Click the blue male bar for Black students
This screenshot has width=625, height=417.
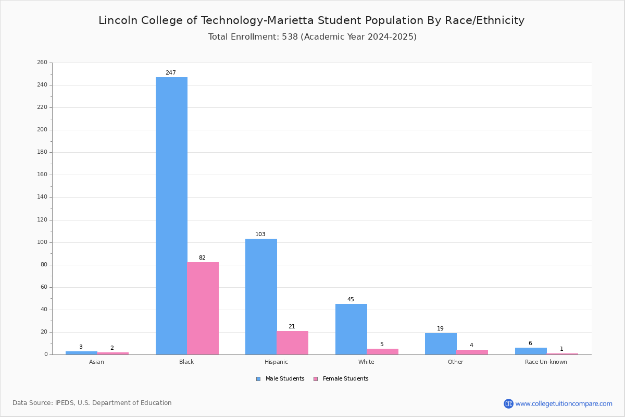171,216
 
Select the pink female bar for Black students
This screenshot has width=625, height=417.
203,309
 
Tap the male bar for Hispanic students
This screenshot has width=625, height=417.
261,297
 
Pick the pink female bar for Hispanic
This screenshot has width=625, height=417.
292,342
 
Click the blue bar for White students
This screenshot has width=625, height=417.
351,329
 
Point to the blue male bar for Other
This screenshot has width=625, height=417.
441,344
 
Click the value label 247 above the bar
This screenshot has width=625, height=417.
171,72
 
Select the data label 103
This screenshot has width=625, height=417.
260,234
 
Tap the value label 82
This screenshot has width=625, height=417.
202,257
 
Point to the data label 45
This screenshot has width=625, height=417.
351,299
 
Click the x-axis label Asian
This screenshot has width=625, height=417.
96,362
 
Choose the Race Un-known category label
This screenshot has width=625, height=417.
546,362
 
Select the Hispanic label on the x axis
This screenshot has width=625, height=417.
276,362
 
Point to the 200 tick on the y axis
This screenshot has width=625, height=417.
42,130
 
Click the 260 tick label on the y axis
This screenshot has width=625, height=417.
42,62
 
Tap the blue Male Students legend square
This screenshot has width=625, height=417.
258,379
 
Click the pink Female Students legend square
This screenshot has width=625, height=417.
316,379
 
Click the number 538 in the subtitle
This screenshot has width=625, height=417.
290,36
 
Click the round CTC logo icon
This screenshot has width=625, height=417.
508,403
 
